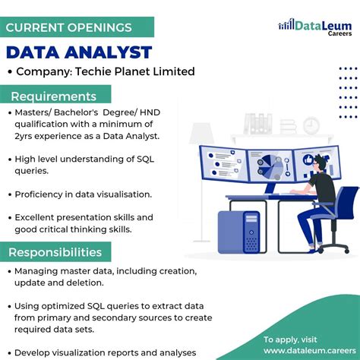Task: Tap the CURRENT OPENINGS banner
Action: tap(68, 28)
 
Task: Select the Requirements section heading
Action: tap(53, 96)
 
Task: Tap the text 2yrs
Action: tap(25, 136)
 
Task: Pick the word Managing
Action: tap(39, 271)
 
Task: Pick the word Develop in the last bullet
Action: tap(36, 352)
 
